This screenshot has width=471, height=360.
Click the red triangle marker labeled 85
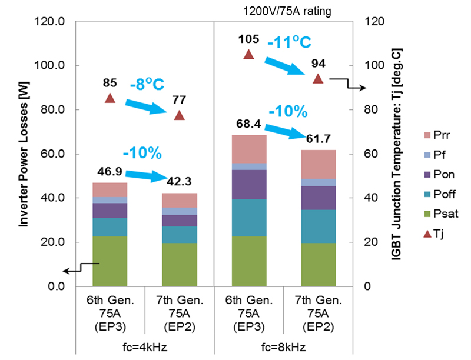(x=110, y=98)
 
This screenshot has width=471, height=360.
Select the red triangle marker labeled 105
(x=248, y=55)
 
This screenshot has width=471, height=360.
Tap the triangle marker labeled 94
(x=318, y=79)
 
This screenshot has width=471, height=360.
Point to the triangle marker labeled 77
(x=180, y=115)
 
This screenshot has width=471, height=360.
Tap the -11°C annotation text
(x=288, y=42)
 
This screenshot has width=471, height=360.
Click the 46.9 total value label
(x=110, y=171)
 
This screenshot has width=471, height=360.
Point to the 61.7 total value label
(x=319, y=139)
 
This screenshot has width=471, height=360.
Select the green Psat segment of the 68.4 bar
(x=248, y=261)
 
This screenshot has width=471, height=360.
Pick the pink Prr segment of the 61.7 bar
(x=318, y=164)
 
